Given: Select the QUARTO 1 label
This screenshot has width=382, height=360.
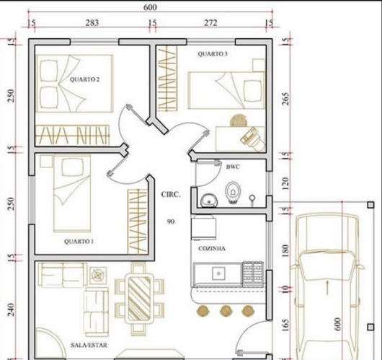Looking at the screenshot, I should pyautogui.click(x=78, y=241).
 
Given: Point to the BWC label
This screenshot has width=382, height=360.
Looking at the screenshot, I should pyautogui.click(x=233, y=167).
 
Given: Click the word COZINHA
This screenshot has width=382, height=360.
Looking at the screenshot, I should pyautogui.click(x=213, y=248).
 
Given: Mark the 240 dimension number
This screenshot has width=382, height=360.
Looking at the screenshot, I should pyautogui.click(x=10, y=309).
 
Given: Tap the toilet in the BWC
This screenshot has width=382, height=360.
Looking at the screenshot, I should pyautogui.click(x=233, y=192).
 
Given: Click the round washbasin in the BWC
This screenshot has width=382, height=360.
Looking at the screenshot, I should pyautogui.click(x=208, y=199).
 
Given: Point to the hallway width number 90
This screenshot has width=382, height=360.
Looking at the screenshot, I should pyautogui.click(x=170, y=221).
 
